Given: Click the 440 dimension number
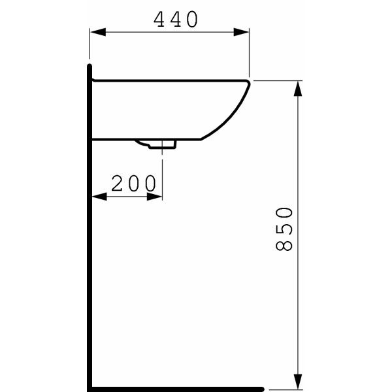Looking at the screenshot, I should click(176, 20).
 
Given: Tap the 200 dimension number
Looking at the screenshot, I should click(134, 184).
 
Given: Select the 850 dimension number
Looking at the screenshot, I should click(283, 229).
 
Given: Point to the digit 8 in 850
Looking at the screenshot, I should click(283, 245).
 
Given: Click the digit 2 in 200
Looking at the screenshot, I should click(118, 184).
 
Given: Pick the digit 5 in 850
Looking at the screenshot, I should click(283, 229).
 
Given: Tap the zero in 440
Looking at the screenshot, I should click(191, 20).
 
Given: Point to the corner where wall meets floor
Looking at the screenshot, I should click(90, 388).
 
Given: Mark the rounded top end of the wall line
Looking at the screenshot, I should click(90, 66).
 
